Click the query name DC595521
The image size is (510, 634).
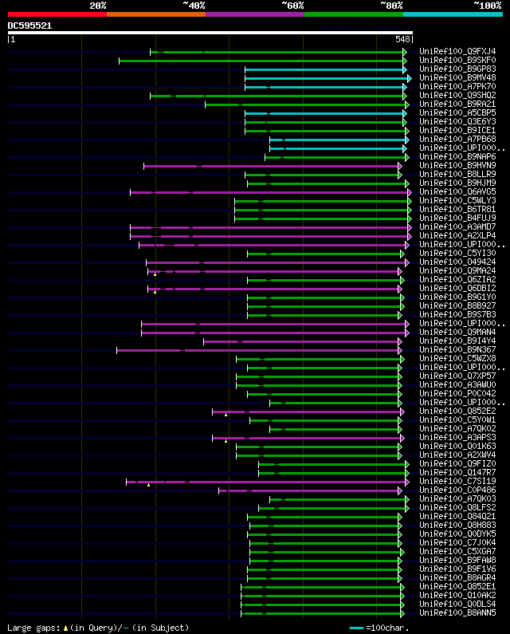click(x=29, y=26)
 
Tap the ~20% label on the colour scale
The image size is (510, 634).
click(x=97, y=6)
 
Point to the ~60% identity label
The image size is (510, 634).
click(x=292, y=6)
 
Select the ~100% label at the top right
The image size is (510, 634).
click(x=487, y=6)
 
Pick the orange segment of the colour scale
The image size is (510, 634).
click(x=155, y=14)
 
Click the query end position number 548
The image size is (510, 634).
click(x=402, y=39)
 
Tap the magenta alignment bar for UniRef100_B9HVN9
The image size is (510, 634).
click(x=271, y=166)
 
